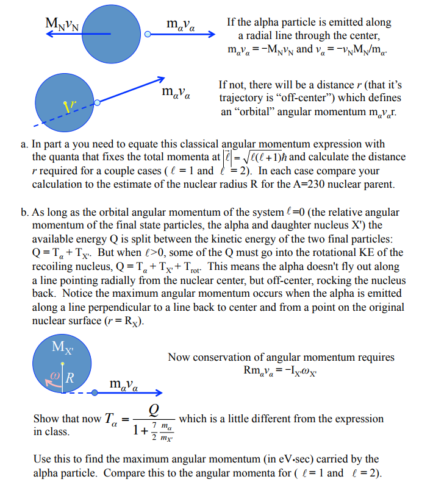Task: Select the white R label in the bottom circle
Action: tap(70, 377)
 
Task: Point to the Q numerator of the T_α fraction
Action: tap(154, 409)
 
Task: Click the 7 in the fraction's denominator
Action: tap(156, 423)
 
